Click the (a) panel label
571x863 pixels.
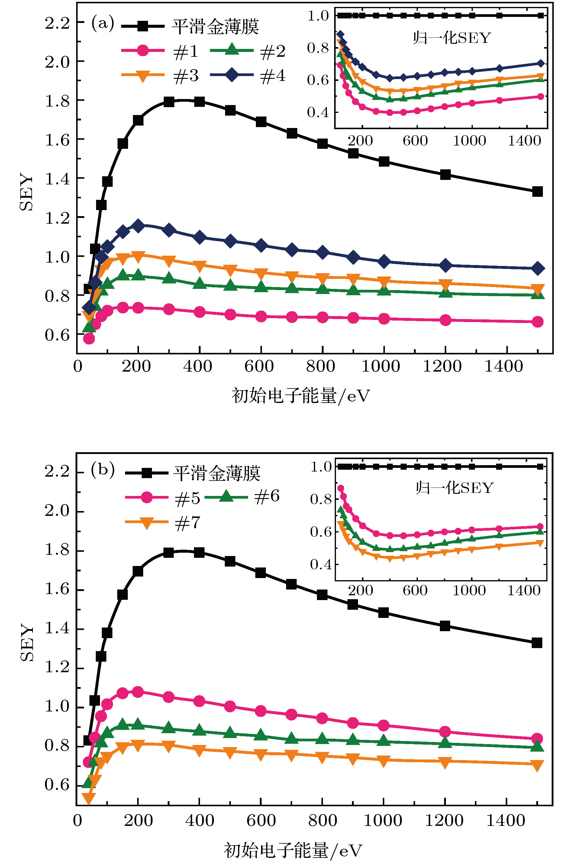102,24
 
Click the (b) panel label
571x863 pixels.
102,470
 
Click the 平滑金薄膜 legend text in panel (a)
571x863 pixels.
215,27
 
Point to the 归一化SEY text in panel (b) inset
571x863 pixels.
454,488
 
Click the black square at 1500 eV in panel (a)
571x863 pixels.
537,192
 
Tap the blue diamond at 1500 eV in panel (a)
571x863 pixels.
538,269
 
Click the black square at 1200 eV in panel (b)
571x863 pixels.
445,626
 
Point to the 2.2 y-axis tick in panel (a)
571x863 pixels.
57,23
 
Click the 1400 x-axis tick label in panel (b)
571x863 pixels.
506,821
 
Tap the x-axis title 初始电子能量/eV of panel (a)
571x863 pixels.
300,396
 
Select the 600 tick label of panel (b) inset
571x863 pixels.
415,590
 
